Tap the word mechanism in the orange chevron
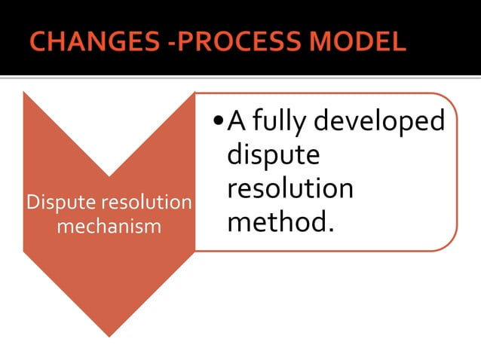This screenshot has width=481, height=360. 109,226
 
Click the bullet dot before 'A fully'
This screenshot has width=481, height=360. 218,121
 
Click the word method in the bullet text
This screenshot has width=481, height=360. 275,222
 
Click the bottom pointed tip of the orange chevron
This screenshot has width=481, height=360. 109,336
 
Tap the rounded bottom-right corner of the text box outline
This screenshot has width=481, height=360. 450,243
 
